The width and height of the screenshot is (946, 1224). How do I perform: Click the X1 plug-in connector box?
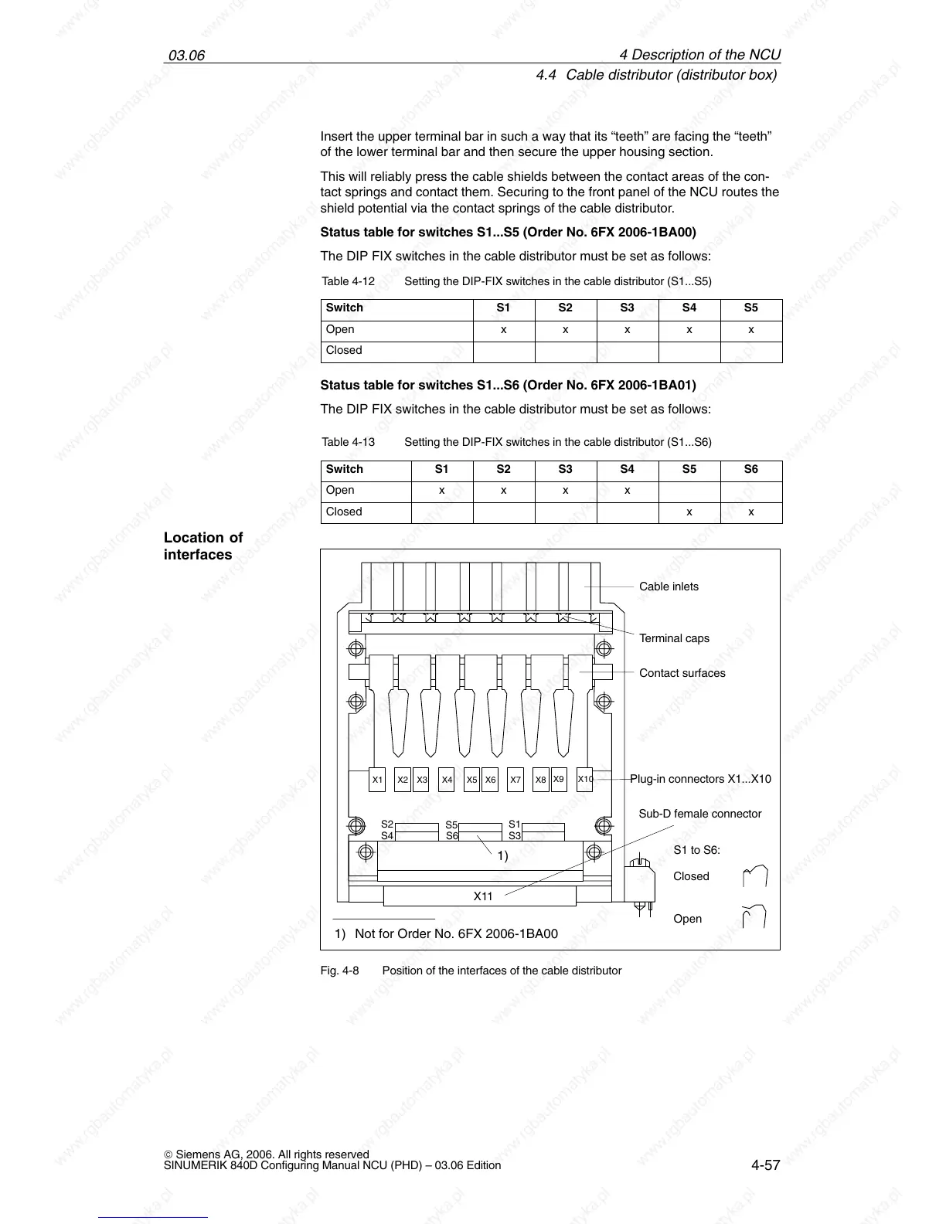tap(377, 780)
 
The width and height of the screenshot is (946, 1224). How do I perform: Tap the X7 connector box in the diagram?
tap(516, 780)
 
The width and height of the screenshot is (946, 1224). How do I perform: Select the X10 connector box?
tap(585, 779)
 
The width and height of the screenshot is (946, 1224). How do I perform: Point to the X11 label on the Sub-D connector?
tap(483, 896)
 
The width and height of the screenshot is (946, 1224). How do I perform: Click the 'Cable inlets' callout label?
tap(669, 586)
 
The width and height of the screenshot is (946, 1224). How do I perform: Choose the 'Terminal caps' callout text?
tap(674, 638)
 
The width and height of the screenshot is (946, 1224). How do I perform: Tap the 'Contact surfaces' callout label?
tap(682, 673)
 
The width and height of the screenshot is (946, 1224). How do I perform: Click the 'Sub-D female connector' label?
tap(699, 814)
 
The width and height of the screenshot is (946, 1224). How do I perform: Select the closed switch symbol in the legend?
tap(754, 876)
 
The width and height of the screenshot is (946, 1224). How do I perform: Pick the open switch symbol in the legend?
tap(754, 916)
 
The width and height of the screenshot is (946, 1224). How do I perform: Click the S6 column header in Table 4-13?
tap(750, 469)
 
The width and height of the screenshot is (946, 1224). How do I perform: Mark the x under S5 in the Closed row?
tap(689, 512)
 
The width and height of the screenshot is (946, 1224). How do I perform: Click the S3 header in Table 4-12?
tap(627, 308)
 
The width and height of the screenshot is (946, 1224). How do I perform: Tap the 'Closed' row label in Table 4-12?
tap(344, 350)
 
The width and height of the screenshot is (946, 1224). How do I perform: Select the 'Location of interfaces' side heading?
tap(202, 546)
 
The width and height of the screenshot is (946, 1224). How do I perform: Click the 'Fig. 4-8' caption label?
tap(339, 971)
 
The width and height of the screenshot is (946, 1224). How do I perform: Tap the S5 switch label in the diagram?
tap(452, 825)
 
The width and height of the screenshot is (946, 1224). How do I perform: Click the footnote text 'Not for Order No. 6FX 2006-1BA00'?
tap(456, 933)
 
